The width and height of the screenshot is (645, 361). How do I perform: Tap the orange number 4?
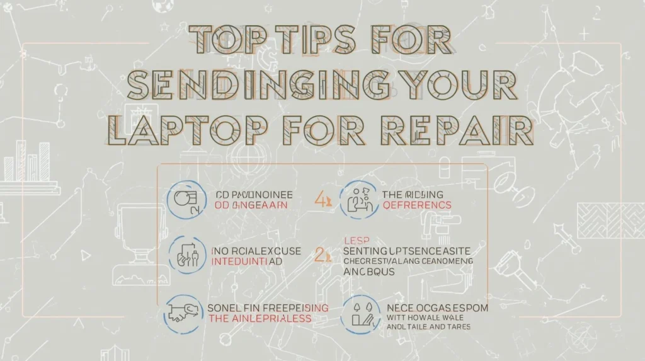[320, 200]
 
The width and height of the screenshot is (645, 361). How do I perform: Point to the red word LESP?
[357, 240]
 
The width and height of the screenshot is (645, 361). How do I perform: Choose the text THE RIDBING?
[413, 194]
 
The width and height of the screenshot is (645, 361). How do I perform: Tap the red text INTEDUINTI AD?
[246, 261]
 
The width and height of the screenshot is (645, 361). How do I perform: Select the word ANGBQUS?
[369, 272]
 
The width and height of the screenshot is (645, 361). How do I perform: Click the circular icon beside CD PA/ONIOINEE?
[187, 200]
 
